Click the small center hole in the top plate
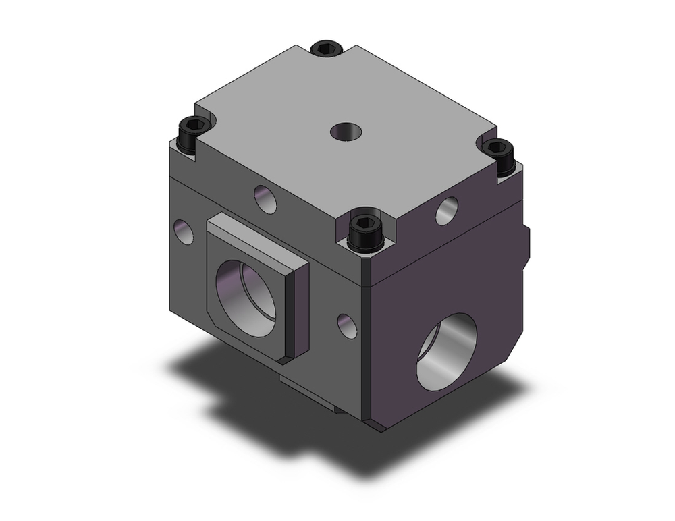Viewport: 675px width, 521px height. point(345,130)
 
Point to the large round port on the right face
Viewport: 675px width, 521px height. point(446,352)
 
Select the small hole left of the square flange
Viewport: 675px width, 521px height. point(183,231)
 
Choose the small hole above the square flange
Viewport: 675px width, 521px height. point(265,198)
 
